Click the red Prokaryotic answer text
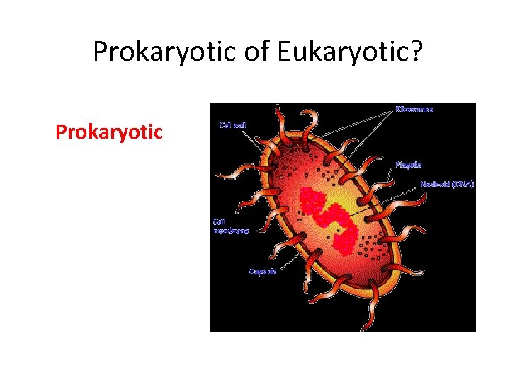109,132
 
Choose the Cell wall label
232,126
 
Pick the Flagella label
409,164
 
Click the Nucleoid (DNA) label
446,184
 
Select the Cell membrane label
230,226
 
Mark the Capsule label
262,272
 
